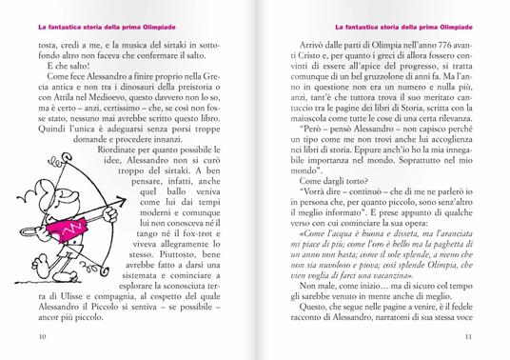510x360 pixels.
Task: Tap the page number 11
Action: (468, 336)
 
